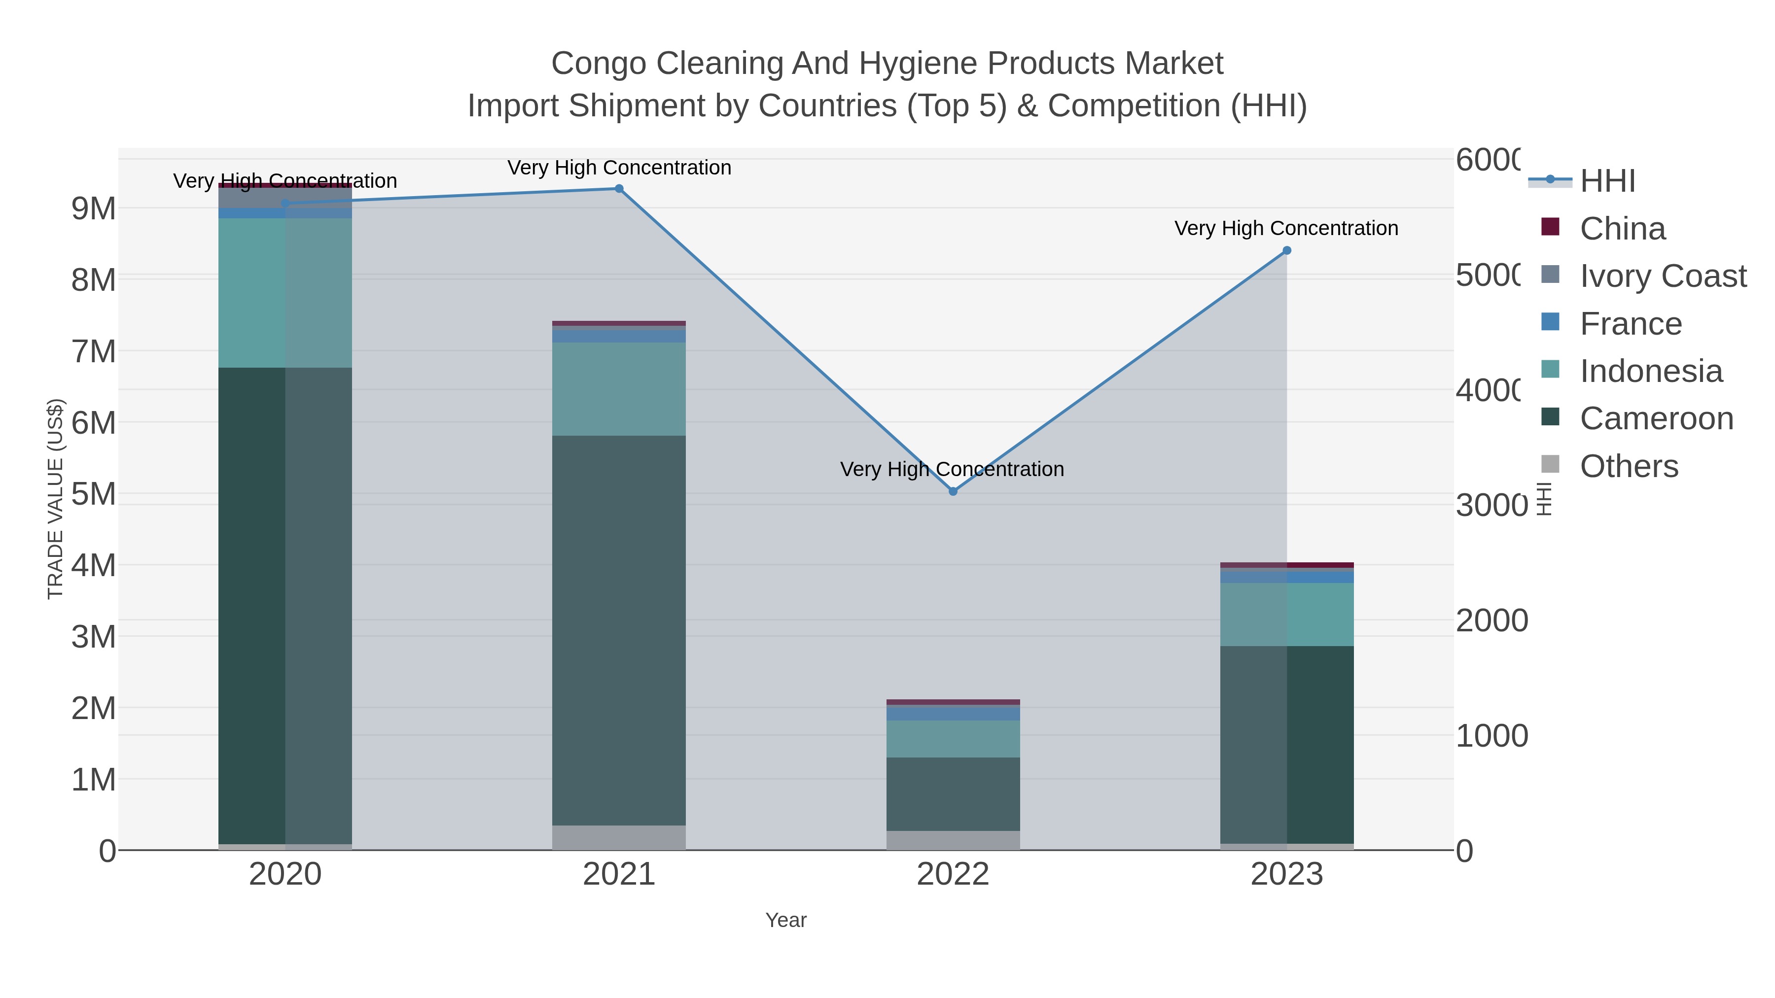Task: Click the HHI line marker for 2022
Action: (953, 491)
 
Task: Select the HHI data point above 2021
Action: (619, 189)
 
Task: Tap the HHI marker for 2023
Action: (1286, 251)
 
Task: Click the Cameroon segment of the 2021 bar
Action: (619, 630)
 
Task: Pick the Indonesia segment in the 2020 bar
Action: (285, 293)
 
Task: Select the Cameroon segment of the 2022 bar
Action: (953, 794)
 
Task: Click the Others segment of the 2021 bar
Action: (619, 837)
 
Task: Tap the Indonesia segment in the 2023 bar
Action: (1286, 615)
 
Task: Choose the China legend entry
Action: (1622, 229)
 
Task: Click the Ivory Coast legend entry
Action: (1662, 276)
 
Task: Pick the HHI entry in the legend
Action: (1607, 181)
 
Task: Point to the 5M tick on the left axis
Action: (94, 494)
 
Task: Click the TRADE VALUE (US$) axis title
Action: (55, 499)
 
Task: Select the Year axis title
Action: (785, 920)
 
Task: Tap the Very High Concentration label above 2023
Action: (1286, 228)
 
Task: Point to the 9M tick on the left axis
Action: (94, 208)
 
